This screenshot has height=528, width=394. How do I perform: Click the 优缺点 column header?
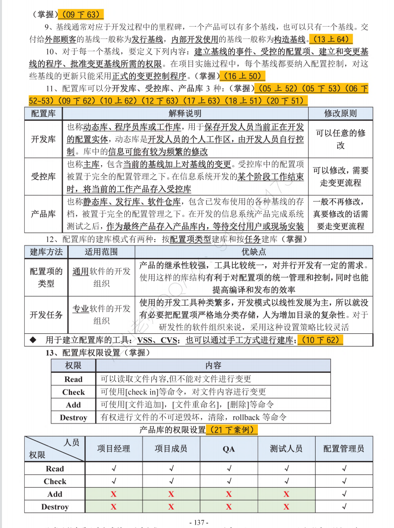(253, 252)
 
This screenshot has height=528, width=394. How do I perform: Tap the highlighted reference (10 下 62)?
(320, 340)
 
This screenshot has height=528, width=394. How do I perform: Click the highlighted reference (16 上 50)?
(243, 76)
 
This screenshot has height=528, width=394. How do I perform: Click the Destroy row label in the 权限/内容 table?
(73, 418)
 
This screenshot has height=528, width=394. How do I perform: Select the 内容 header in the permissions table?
(213, 365)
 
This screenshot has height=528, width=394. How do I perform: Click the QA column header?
(228, 449)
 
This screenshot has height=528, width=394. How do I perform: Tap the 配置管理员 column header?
(344, 449)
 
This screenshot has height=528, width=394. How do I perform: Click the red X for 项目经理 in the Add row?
(113, 494)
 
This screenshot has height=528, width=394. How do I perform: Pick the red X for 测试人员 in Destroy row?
(286, 507)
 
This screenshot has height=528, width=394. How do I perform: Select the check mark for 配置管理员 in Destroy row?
(344, 507)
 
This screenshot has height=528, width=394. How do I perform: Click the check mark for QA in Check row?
(228, 481)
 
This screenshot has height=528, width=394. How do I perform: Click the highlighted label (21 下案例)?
(232, 430)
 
